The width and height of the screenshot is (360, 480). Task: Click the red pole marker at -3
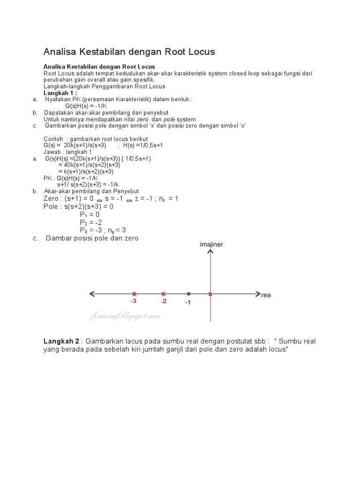coord(134,294)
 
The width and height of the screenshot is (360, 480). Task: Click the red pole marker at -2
coord(163,294)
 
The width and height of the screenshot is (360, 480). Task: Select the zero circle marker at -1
coord(188,294)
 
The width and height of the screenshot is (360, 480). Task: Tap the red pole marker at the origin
coord(210,294)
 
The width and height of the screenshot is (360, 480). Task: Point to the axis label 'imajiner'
coord(211,245)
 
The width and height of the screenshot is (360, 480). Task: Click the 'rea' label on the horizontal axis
coord(266,295)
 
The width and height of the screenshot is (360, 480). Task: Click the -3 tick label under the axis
coord(133,301)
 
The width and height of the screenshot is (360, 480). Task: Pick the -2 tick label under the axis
coord(163,301)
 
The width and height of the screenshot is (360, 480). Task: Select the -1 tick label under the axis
coord(187,303)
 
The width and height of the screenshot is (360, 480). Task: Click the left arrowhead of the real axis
coord(92,294)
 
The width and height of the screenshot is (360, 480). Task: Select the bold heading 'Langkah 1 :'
coord(60,93)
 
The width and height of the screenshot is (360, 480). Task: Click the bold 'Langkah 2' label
coord(61,341)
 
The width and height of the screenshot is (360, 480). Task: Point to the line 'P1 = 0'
coord(90,215)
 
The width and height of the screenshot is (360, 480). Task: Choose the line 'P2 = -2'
coord(91,222)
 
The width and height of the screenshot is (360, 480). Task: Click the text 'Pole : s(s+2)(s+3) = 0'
coord(79,206)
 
